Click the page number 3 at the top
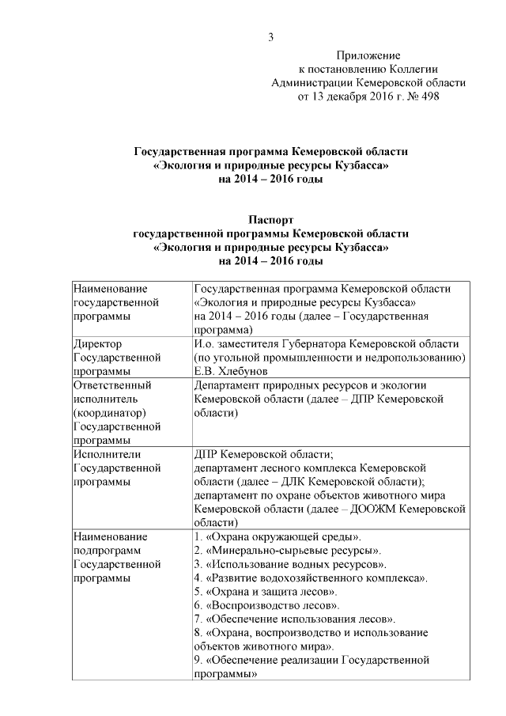click(x=271, y=36)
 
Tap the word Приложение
click(x=368, y=55)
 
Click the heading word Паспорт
click(x=271, y=220)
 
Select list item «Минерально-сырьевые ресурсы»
click(x=288, y=551)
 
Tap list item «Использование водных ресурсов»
click(x=290, y=564)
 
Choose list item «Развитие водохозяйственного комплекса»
click(x=311, y=578)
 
